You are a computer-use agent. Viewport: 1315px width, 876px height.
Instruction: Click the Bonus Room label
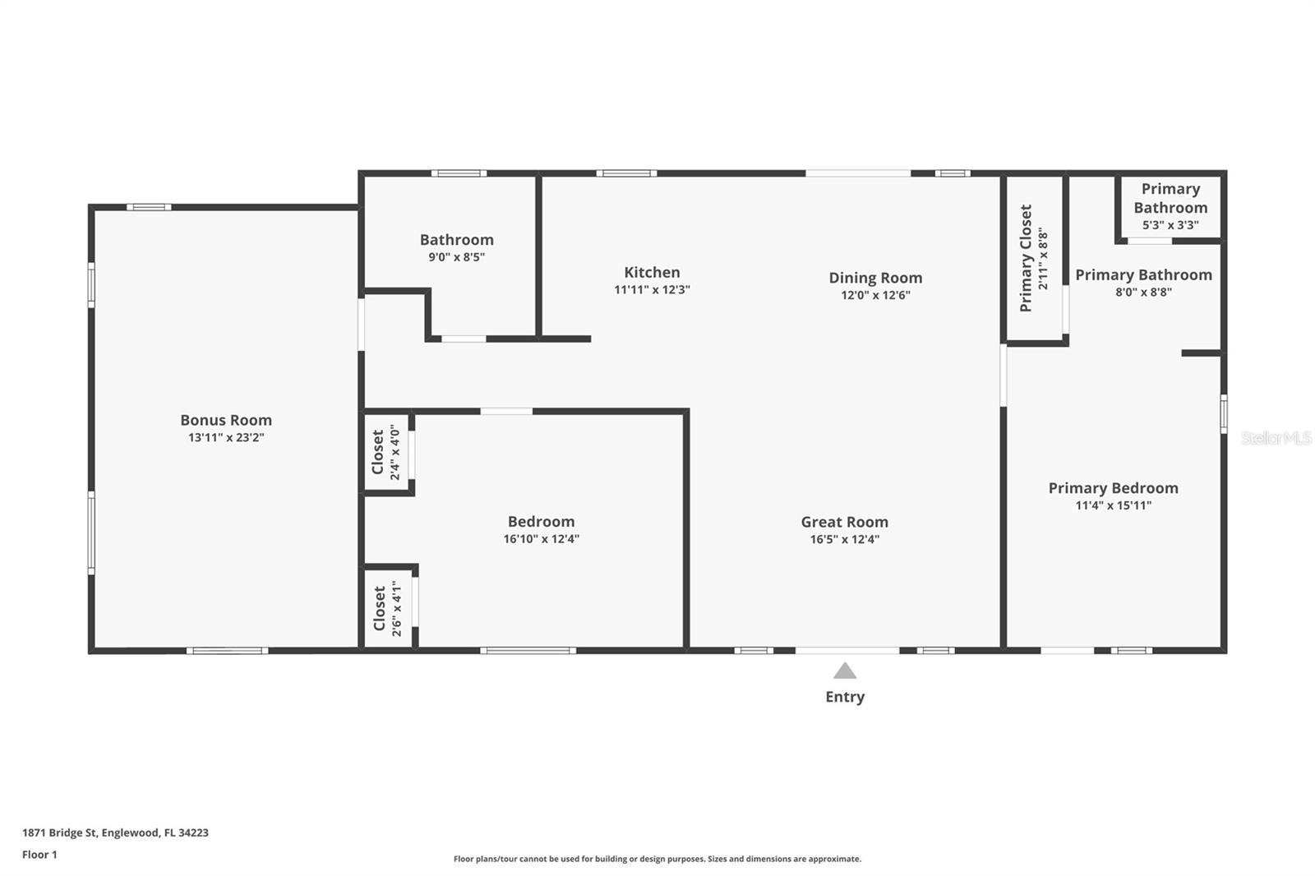tap(226, 420)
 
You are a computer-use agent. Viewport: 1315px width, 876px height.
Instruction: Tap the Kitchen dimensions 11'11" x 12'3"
tap(652, 290)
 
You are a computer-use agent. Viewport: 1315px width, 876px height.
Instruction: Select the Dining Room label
tap(875, 278)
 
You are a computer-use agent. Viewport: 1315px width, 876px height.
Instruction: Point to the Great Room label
tap(844, 522)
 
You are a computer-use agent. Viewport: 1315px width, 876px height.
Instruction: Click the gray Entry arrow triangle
tap(845, 671)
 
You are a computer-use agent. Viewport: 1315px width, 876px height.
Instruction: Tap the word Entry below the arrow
tap(845, 697)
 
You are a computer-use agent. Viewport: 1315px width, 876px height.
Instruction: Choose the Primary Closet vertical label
tap(1026, 258)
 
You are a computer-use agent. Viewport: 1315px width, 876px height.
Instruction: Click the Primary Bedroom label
tap(1113, 488)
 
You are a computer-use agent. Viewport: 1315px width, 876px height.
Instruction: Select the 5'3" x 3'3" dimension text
tap(1170, 225)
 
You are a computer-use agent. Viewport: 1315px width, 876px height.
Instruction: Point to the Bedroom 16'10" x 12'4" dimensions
tap(541, 539)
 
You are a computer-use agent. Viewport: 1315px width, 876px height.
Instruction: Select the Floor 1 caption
tap(39, 855)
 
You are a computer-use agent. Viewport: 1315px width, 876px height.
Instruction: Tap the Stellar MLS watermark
tap(1276, 438)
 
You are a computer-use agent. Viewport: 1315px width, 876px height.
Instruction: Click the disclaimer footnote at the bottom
tap(657, 859)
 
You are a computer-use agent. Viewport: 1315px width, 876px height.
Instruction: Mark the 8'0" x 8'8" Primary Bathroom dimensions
tap(1143, 292)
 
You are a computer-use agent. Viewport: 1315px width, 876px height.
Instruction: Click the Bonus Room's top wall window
tap(149, 207)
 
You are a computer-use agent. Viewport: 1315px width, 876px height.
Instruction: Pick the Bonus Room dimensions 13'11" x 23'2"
tap(226, 438)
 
